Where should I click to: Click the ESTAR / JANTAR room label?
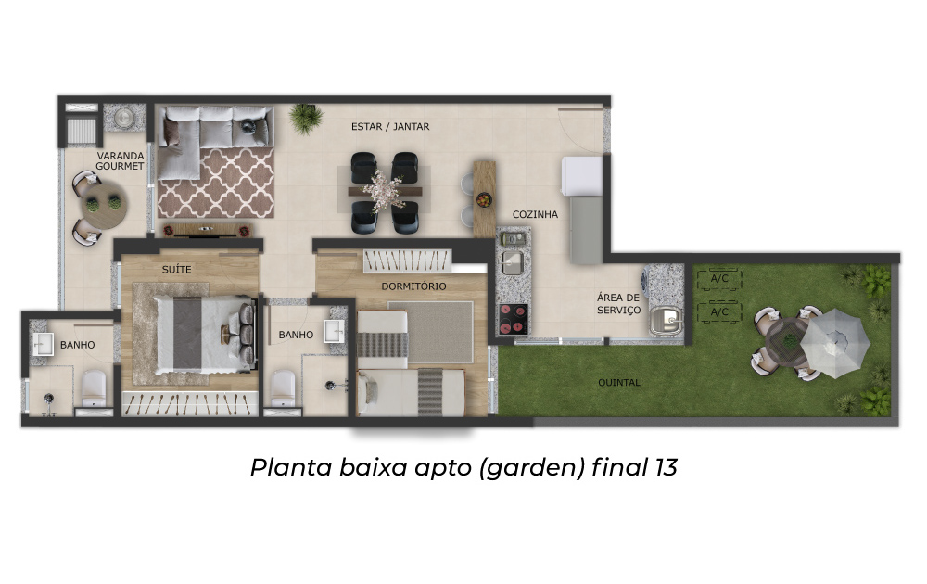click(390, 126)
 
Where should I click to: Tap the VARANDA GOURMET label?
click(120, 160)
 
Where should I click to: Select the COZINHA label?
click(535, 214)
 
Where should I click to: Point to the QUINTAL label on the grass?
click(619, 383)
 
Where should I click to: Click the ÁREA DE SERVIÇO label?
click(618, 304)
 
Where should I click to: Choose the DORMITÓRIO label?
click(413, 286)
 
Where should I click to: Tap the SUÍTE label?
click(177, 270)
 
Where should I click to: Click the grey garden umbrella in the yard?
click(835, 345)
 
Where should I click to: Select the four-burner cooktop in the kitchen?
click(514, 319)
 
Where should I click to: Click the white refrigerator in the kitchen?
click(581, 175)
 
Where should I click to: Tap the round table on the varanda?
click(103, 206)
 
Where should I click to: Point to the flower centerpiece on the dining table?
click(384, 189)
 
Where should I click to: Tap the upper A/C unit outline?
click(719, 279)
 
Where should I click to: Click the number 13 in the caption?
click(666, 467)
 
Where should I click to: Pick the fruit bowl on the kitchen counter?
click(484, 200)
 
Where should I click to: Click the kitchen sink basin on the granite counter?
click(512, 263)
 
